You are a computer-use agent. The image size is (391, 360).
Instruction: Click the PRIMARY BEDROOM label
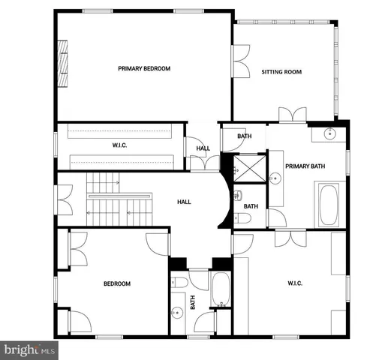(x=144, y=68)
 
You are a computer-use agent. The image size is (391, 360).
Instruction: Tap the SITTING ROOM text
(x=281, y=72)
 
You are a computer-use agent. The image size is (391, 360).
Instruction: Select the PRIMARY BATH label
(x=305, y=166)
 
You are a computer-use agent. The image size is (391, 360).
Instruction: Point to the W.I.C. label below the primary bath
(x=293, y=283)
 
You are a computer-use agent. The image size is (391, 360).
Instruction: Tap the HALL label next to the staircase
(x=184, y=202)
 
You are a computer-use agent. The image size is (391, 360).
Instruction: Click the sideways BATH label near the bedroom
(x=193, y=302)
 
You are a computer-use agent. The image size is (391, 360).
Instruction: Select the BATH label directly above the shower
(x=244, y=136)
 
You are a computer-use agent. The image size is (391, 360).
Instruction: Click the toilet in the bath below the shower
(x=242, y=217)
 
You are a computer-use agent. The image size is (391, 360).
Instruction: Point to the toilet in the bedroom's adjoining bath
(x=179, y=283)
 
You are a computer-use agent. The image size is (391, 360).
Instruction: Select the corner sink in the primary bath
(x=330, y=134)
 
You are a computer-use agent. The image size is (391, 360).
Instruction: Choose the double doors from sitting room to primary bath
(x=290, y=115)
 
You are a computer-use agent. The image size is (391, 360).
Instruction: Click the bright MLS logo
(x=29, y=349)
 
